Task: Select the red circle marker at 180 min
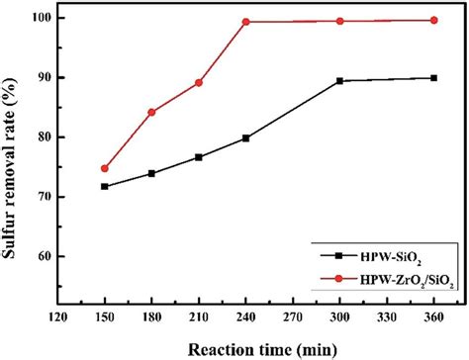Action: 151,112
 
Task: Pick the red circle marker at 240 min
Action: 245,22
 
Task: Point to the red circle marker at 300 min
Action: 340,21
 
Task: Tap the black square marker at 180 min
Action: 151,173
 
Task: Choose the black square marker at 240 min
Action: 245,137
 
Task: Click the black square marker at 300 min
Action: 340,81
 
